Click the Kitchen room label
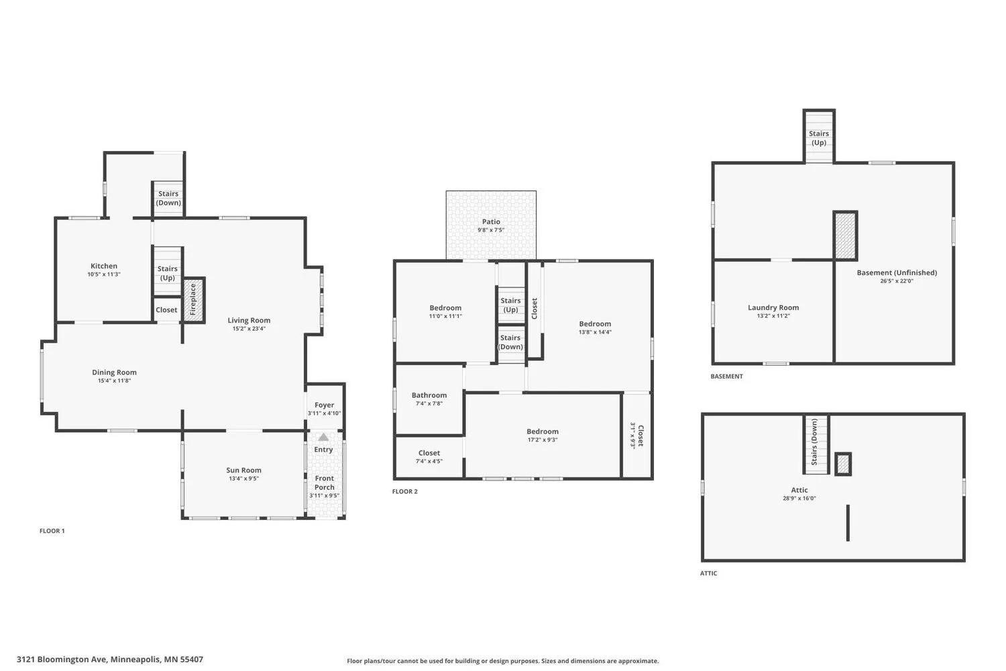(104, 266)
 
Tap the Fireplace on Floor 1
(194, 300)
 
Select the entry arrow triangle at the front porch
(323, 437)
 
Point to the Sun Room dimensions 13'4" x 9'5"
(244, 478)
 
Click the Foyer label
(324, 405)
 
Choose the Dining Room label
(114, 372)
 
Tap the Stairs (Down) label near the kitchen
(168, 198)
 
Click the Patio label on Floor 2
(491, 221)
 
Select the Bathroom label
(429, 395)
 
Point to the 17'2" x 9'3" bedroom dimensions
(543, 440)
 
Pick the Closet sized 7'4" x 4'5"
(429, 457)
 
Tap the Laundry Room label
(773, 307)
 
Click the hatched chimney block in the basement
(845, 236)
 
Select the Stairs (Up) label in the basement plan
(819, 138)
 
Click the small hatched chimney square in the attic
(843, 464)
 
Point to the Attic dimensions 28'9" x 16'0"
(799, 499)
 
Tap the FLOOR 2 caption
(404, 492)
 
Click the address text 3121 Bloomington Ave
(62, 660)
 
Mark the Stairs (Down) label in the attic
(814, 442)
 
